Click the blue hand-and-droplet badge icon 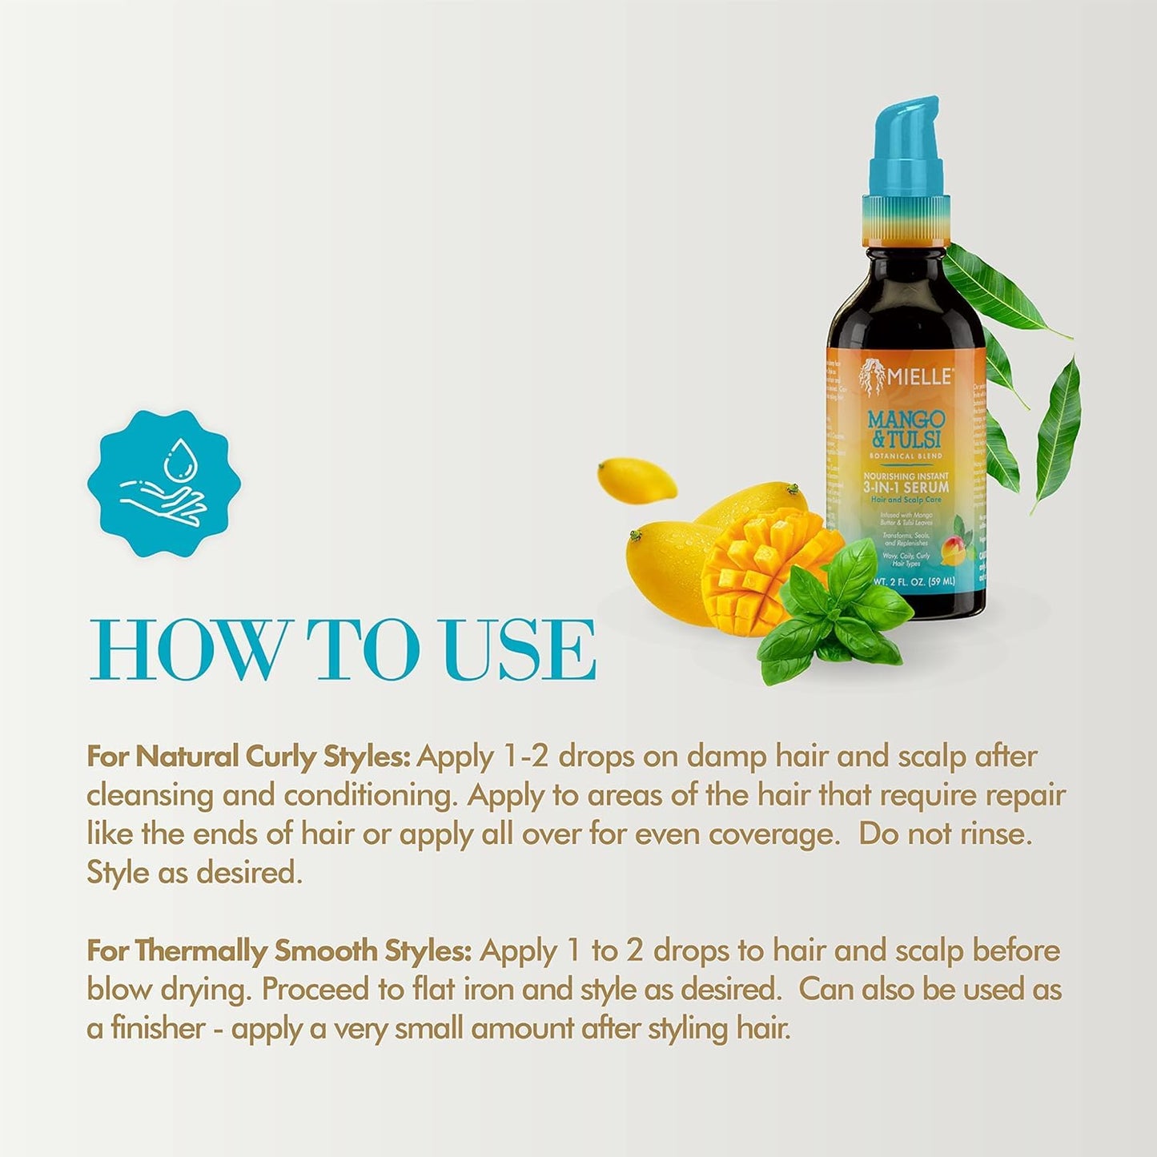pyautogui.click(x=164, y=484)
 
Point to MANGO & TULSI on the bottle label pyautogui.click(x=906, y=429)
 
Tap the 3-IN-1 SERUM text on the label pyautogui.click(x=906, y=486)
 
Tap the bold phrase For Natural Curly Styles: pyautogui.click(x=248, y=757)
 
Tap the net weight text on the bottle pyautogui.click(x=913, y=582)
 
